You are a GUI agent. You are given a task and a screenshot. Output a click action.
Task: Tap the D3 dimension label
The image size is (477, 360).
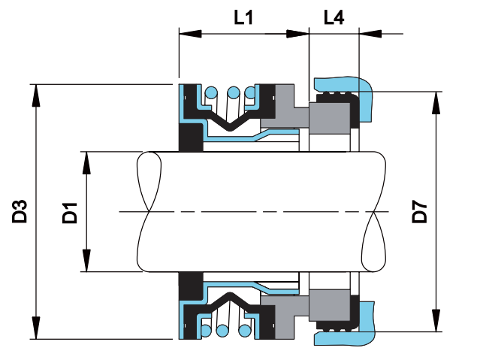click(x=20, y=211)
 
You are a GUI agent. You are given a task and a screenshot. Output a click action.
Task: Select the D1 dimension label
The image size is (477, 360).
click(x=71, y=213)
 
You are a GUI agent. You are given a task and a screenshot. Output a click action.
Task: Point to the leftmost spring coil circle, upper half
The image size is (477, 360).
click(x=212, y=93)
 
